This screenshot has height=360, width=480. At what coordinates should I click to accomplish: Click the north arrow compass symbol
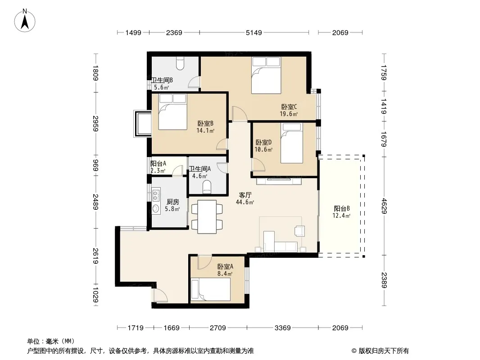pos(25,21)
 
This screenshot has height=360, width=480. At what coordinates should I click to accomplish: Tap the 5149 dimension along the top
pos(254,32)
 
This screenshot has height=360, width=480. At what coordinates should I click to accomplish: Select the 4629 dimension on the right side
pos(384,206)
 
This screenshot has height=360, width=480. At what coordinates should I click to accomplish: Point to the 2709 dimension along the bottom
pos(217,328)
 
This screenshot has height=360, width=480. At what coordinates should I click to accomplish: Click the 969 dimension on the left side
pos(95,166)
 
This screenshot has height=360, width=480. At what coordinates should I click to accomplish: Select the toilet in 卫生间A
pos(207,187)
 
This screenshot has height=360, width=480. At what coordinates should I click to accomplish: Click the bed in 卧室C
pos(266,75)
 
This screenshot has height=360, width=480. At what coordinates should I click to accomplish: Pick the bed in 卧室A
pos(210,289)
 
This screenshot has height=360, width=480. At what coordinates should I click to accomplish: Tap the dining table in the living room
pos(207,217)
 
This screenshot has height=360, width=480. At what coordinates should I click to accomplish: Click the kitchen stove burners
pos(155,196)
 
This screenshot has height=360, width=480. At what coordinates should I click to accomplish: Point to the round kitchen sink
pos(155,209)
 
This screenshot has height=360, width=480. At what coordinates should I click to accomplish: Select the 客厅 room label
pos(245,195)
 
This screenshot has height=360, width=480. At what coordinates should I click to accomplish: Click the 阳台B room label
pos(342,209)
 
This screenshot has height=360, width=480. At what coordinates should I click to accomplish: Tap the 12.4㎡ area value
pos(341,216)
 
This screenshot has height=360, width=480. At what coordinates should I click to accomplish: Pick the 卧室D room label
pos(263,143)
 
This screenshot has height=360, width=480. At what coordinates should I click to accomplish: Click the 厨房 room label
pos(172,202)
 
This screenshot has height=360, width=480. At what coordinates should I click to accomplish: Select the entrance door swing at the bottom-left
pos(160,296)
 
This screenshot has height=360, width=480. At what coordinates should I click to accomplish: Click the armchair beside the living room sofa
pos(299,231)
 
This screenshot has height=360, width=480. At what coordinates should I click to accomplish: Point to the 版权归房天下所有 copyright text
pos(384,351)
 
